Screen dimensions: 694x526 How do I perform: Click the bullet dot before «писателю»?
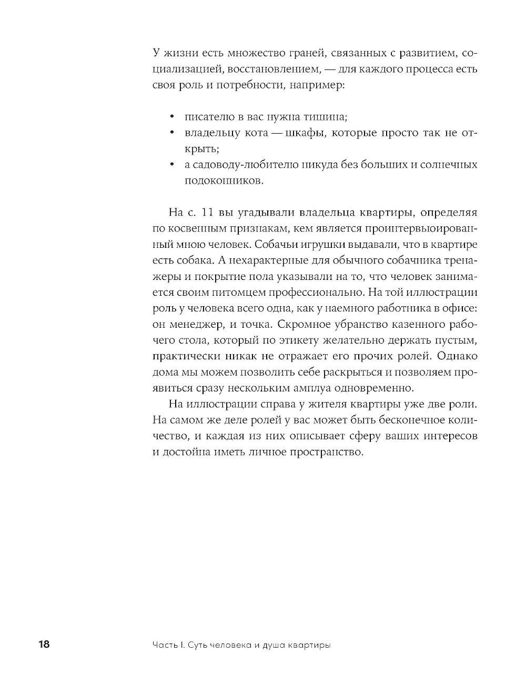172,117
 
